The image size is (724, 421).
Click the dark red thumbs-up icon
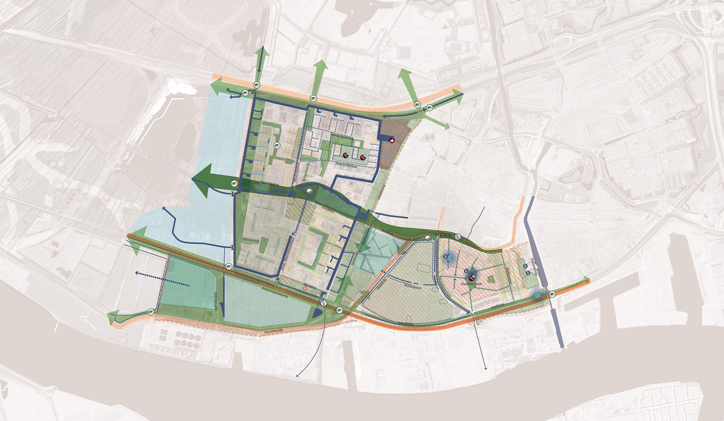click(392, 140)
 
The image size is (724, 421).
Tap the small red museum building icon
click(305, 288)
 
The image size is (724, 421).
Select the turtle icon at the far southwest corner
click(151, 312)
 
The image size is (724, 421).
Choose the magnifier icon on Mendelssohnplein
click(472, 279)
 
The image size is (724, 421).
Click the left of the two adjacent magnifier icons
click(346, 155)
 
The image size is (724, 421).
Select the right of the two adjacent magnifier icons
click(363, 157)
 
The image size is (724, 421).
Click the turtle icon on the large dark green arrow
click(234, 184)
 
